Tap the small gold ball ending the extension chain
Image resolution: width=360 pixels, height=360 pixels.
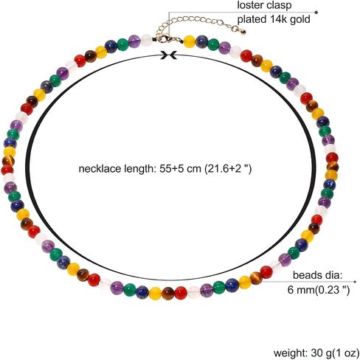coord(243,32)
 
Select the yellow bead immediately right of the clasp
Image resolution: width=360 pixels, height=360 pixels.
coord(190,41)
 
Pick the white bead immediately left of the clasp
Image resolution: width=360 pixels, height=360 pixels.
coord(147,41)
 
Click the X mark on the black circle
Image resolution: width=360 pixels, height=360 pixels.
coord(169,55)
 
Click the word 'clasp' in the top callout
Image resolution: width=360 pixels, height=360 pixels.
coord(280,6)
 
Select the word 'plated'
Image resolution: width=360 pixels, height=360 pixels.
coord(252,19)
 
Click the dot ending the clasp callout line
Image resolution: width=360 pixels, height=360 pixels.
coord(316,12)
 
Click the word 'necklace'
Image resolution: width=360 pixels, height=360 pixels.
coord(100,169)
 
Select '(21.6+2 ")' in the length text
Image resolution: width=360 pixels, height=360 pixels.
coord(228,169)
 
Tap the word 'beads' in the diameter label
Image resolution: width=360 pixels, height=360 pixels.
coord(307,274)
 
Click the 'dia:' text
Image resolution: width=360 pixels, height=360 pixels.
coord(333,274)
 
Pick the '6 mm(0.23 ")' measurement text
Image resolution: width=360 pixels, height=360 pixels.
coord(319,290)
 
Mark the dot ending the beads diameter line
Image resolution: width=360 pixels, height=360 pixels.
coord(355,282)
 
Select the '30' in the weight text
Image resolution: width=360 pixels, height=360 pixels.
coord(316,353)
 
